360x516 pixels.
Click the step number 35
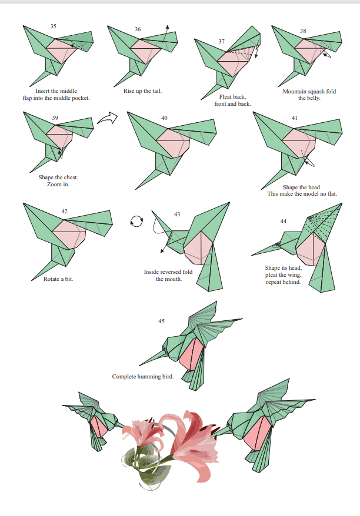54,26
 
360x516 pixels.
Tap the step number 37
222,42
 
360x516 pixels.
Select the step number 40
164,118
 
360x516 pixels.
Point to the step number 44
284,221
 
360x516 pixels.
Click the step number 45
161,321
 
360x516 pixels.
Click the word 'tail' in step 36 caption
156,91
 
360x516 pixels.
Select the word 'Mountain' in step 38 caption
295,92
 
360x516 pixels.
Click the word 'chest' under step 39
70,177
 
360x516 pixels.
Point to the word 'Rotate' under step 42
51,279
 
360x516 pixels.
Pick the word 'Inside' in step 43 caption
152,272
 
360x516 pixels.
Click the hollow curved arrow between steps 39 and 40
108,119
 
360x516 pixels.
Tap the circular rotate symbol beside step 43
136,221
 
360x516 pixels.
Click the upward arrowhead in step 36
167,27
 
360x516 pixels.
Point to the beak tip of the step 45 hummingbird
139,366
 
